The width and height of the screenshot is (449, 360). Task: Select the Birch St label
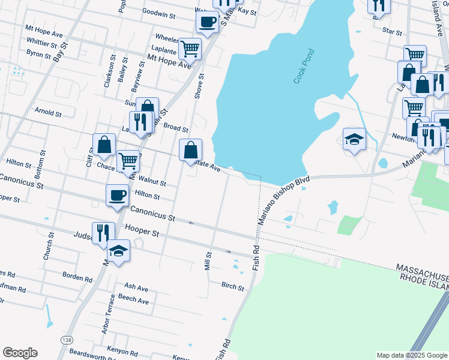pyautogui.click(x=232, y=287)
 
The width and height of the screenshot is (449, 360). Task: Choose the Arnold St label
pyautogui.click(x=48, y=112)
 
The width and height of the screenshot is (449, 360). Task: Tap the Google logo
pyautogui.click(x=20, y=353)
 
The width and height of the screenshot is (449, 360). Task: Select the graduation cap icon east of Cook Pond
pyautogui.click(x=354, y=139)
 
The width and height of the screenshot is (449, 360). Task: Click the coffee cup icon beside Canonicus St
pyautogui.click(x=117, y=194)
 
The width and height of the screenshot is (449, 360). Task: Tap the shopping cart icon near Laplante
pyautogui.click(x=190, y=48)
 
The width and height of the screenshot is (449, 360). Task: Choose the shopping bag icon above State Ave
pyautogui.click(x=190, y=149)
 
